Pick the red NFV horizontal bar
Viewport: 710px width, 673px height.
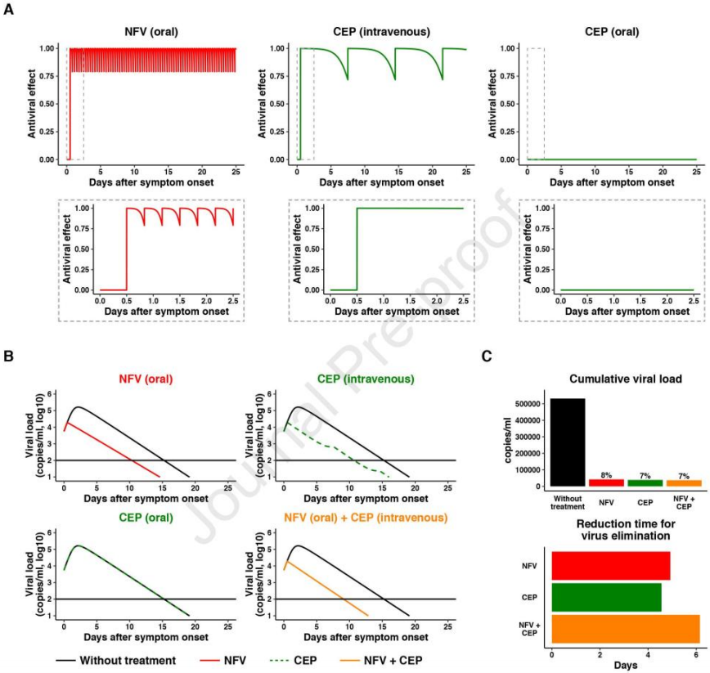point(611,566)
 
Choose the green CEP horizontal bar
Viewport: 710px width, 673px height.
point(606,598)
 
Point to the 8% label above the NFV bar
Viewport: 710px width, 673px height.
point(606,475)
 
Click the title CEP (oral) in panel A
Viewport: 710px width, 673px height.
point(612,33)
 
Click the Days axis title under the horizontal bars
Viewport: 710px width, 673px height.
point(625,666)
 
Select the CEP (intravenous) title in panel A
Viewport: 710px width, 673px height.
point(380,33)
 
